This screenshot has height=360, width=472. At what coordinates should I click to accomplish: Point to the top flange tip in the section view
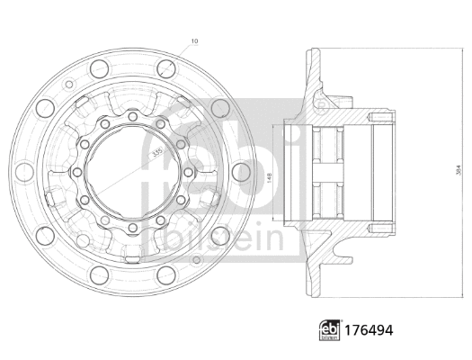[312, 52]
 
